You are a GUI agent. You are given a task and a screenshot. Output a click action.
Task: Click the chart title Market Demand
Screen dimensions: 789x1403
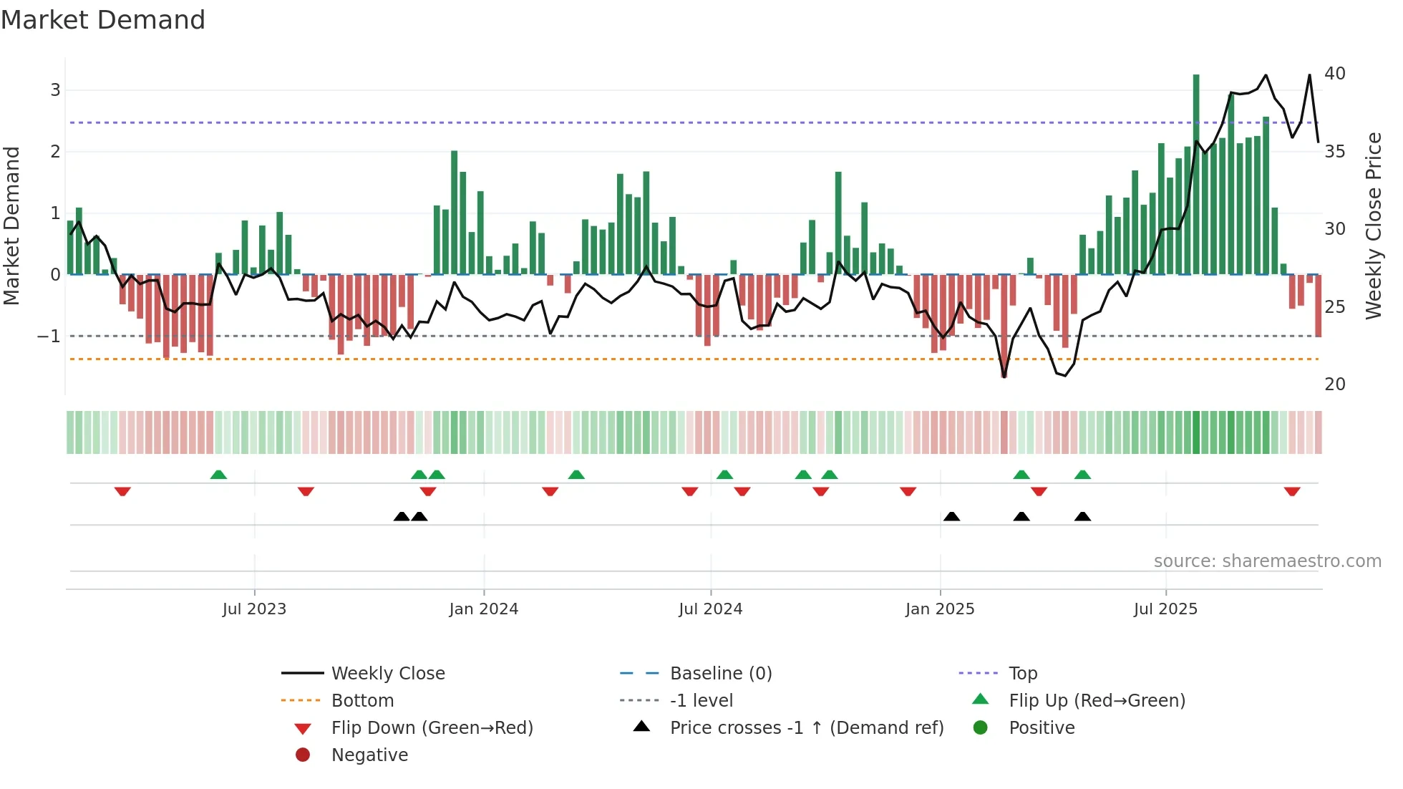(103, 20)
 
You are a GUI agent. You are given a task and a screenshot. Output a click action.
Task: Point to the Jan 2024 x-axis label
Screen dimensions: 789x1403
(483, 609)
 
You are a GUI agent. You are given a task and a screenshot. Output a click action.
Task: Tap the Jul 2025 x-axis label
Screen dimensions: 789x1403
(1165, 609)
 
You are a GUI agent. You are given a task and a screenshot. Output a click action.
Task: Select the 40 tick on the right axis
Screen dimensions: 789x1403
(1334, 74)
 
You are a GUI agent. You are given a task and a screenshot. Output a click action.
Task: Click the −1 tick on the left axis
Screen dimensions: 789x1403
(49, 336)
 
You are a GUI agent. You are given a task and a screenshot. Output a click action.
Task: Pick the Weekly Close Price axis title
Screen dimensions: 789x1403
(1373, 226)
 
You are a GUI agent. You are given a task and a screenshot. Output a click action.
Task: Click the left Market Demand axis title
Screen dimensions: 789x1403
(11, 226)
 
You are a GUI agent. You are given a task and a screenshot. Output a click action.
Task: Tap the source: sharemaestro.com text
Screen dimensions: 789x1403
(1267, 561)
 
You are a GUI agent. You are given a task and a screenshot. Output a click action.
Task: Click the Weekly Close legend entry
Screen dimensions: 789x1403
(387, 673)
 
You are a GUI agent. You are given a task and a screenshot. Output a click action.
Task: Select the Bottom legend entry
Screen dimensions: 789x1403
(362, 700)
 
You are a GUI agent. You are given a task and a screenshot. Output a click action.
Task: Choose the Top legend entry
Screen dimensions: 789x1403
(1023, 673)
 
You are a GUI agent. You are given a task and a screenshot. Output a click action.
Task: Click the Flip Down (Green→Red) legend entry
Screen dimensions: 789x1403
(432, 727)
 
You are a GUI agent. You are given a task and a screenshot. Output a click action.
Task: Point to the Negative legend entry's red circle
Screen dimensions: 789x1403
(303, 755)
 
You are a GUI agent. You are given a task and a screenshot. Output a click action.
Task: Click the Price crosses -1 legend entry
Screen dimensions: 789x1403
(806, 727)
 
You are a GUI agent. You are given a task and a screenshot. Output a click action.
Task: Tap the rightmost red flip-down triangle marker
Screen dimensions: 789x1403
(1292, 491)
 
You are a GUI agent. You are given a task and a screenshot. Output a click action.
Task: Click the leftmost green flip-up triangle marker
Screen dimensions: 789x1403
(218, 475)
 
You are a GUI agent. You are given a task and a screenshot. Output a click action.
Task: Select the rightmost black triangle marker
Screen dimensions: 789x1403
(1082, 516)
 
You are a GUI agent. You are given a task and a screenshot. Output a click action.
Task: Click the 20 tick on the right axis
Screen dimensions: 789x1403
(1334, 384)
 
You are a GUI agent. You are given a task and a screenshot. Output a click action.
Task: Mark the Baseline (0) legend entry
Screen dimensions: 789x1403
(720, 673)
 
